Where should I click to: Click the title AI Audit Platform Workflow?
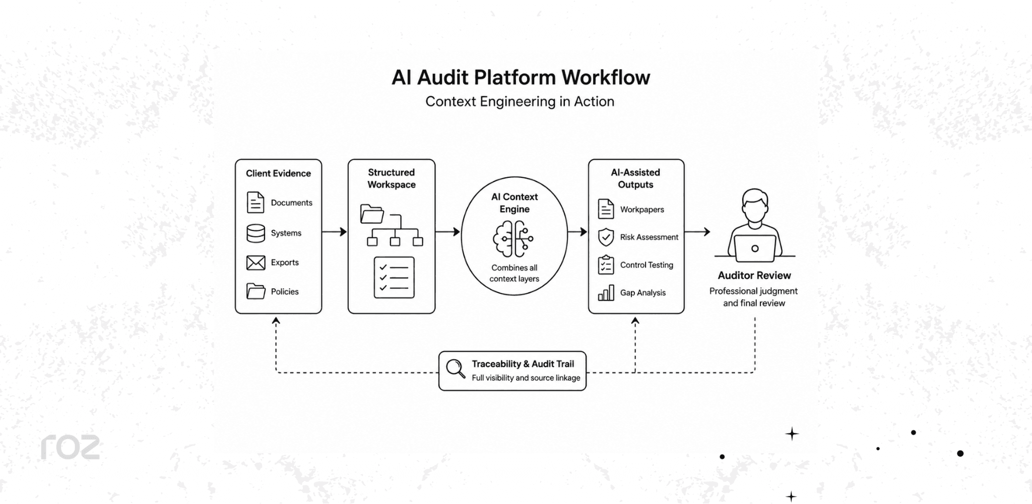521,78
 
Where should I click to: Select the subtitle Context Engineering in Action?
520,102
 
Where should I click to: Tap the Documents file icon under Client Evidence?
255,203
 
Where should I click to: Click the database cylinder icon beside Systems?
255,233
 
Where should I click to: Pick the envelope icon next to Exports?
255,263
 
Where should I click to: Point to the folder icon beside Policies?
255,291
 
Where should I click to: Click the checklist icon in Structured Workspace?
394,277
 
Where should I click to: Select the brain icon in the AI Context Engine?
513,239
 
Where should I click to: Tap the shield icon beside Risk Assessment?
606,237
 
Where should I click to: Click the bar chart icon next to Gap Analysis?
606,293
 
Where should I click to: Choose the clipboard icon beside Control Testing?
606,265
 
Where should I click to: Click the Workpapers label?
642,210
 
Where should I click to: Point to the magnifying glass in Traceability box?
456,368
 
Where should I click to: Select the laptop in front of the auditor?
755,248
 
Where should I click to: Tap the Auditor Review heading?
754,276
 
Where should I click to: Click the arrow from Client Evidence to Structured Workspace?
335,232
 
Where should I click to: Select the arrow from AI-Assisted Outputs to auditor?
697,232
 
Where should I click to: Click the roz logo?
70,447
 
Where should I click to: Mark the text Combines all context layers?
514,273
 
